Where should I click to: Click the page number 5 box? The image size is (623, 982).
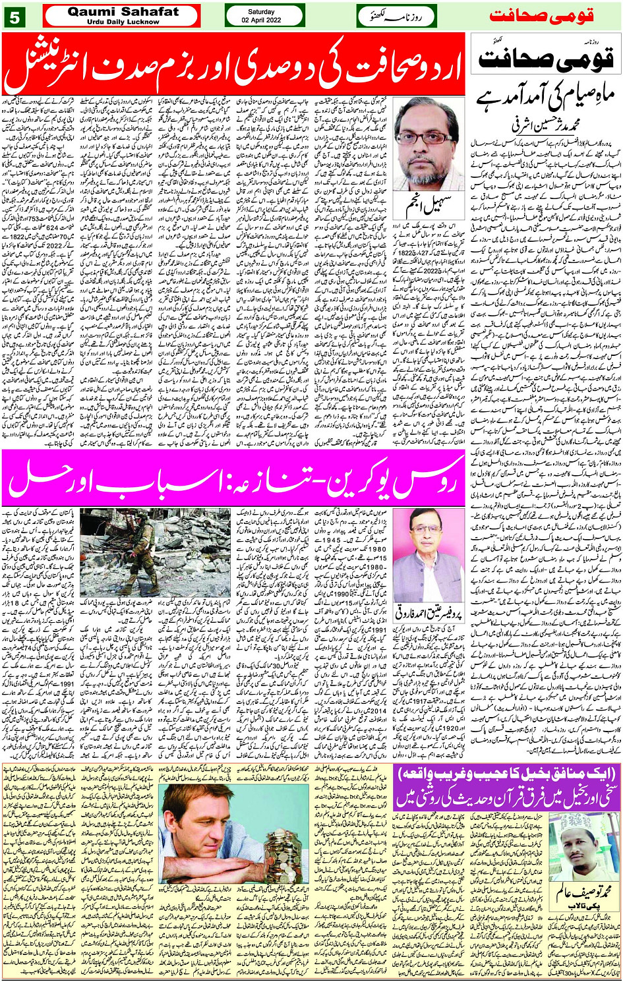[x=15, y=16]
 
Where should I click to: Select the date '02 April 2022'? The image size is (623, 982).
[x=264, y=20]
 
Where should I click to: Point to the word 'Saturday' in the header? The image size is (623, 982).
[x=264, y=11]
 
